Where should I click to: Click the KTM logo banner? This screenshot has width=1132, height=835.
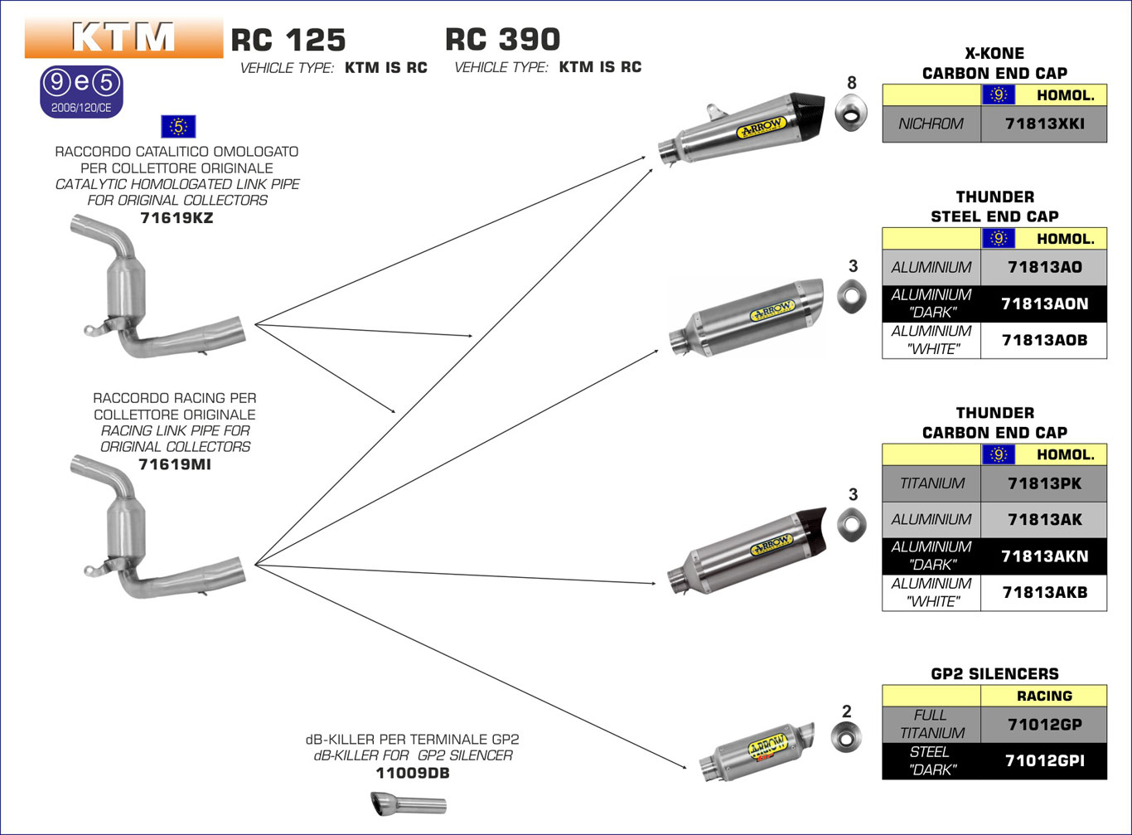pyautogui.click(x=123, y=38)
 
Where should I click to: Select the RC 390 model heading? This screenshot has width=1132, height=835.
pyautogui.click(x=502, y=40)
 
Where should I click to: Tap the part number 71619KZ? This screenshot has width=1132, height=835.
pyautogui.click(x=177, y=218)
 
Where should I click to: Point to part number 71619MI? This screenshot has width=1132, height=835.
pyautogui.click(x=174, y=464)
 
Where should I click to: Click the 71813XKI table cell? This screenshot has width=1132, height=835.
pyautogui.click(x=1043, y=124)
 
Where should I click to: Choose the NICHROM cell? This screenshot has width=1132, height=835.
pyautogui.click(x=931, y=124)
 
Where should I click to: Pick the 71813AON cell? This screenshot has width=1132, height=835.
pyautogui.click(x=1043, y=303)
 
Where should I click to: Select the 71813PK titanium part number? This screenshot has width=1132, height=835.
pyautogui.click(x=1043, y=483)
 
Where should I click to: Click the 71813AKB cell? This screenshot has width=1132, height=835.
pyautogui.click(x=1043, y=593)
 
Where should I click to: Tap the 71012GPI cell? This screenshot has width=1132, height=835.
pyautogui.click(x=1043, y=760)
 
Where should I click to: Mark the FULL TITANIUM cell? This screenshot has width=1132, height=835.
pyautogui.click(x=931, y=724)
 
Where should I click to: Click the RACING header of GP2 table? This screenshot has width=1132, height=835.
pyautogui.click(x=1043, y=697)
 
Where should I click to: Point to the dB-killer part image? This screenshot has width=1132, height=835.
pyautogui.click(x=408, y=803)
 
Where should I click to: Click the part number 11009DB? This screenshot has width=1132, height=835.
pyautogui.click(x=413, y=774)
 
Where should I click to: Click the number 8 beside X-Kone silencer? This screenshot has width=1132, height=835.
pyautogui.click(x=852, y=83)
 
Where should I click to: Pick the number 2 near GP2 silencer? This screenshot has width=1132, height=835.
pyautogui.click(x=846, y=711)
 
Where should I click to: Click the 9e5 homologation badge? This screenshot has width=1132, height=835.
pyautogui.click(x=81, y=90)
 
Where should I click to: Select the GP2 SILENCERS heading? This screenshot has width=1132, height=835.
pyautogui.click(x=994, y=674)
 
